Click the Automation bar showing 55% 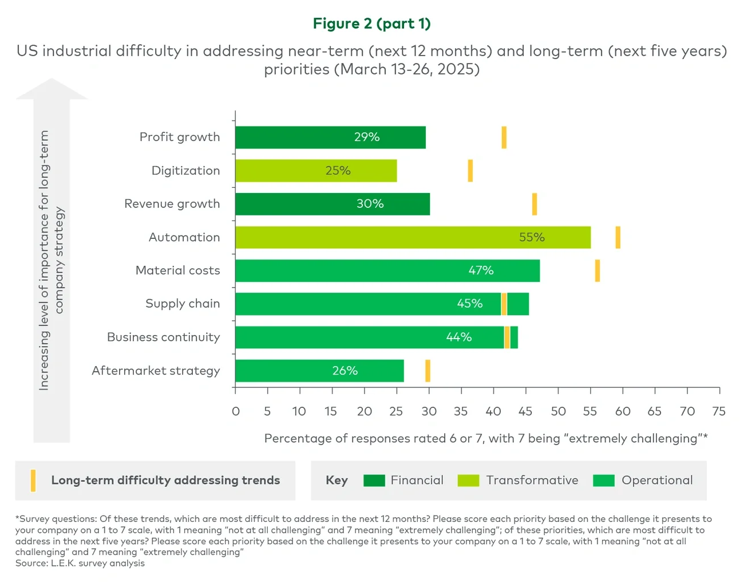click(x=412, y=237)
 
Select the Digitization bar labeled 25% click(x=316, y=171)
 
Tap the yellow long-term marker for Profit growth click(x=504, y=137)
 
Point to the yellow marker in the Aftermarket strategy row click(x=428, y=371)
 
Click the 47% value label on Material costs click(x=481, y=270)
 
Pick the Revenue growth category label click(x=172, y=204)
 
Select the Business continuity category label click(x=163, y=337)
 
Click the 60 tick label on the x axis click(x=623, y=411)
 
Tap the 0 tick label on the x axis click(x=235, y=411)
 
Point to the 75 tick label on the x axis click(x=719, y=411)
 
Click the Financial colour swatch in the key click(x=374, y=481)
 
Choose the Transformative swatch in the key click(x=468, y=481)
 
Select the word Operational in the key click(x=657, y=481)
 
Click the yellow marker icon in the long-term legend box click(x=33, y=481)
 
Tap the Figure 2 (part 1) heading click(x=371, y=23)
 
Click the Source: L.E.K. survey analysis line click(x=80, y=563)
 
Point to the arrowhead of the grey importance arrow click(x=52, y=89)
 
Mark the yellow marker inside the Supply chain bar click(x=504, y=304)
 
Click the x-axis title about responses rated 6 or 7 click(x=486, y=438)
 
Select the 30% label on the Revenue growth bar click(x=370, y=204)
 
